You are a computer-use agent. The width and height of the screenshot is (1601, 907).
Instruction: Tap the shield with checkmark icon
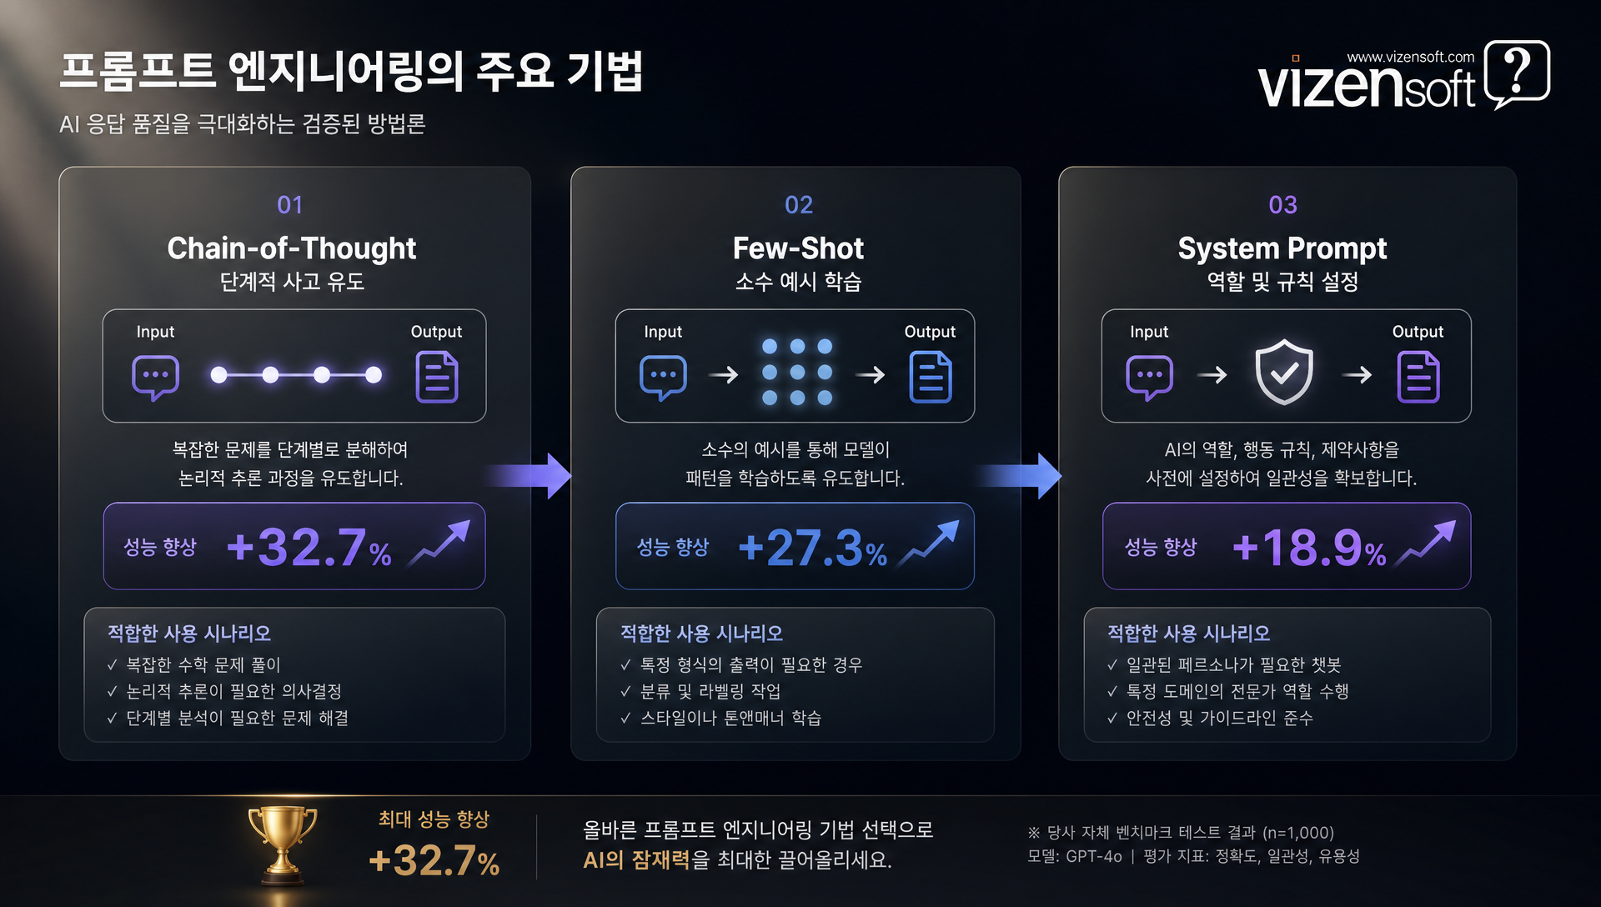(x=1284, y=372)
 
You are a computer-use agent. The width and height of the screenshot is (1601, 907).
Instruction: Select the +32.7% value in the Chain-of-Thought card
(x=309, y=548)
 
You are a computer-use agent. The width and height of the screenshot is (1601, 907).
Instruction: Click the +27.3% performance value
(x=813, y=548)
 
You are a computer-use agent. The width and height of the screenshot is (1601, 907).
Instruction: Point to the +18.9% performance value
(x=1309, y=548)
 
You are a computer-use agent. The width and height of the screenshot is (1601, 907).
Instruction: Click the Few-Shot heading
(x=798, y=248)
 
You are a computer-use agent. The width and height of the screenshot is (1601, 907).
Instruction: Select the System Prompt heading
(x=1282, y=248)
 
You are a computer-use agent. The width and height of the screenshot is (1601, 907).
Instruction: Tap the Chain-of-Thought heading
(x=292, y=248)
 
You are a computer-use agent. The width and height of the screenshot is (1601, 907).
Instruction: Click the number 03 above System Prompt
(x=1282, y=205)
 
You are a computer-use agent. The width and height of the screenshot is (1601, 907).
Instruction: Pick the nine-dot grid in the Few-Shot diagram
(x=797, y=372)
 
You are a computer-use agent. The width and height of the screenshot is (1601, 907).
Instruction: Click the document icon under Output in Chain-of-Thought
(x=437, y=377)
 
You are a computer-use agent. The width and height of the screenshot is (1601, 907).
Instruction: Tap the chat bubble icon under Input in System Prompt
(x=1149, y=378)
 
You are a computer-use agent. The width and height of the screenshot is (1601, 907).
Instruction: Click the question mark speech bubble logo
(x=1518, y=73)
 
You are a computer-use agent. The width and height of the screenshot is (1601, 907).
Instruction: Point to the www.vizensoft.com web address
(x=1411, y=57)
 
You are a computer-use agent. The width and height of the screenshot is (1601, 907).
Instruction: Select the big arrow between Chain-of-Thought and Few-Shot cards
(x=529, y=476)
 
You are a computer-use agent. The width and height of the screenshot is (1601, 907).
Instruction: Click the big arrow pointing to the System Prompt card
(x=1019, y=476)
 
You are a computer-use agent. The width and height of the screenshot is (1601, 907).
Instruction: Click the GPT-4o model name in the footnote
(x=1094, y=856)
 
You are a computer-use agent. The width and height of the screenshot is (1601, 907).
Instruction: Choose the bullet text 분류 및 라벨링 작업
(x=710, y=691)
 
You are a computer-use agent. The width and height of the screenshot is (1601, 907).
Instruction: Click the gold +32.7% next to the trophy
(x=434, y=861)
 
